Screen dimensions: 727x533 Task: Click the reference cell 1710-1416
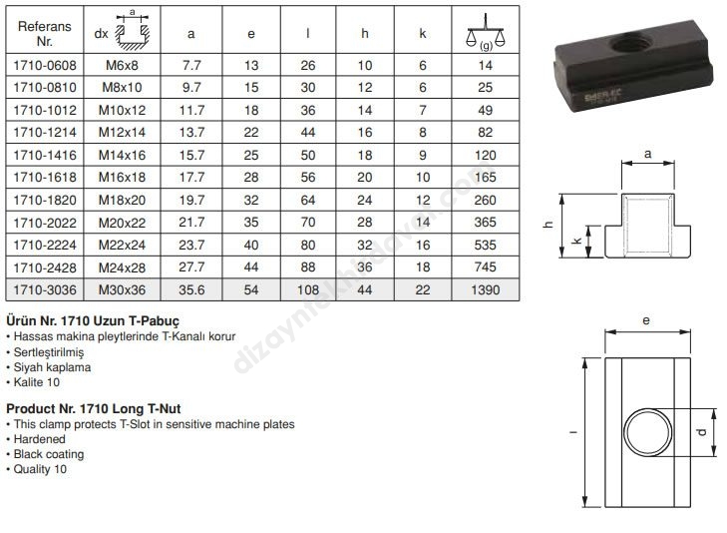(45, 155)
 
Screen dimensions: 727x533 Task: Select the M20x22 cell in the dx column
(122, 223)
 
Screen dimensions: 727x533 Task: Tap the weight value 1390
(485, 289)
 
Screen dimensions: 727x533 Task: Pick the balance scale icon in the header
(486, 32)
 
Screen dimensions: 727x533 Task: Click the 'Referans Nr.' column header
(45, 33)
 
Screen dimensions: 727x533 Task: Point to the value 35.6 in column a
(191, 289)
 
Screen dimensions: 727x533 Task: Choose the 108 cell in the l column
(308, 289)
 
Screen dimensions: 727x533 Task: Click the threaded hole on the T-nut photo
(631, 45)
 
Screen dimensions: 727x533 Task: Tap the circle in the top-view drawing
(647, 432)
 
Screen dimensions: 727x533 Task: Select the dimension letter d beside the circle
(701, 432)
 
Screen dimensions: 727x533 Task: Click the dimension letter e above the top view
(646, 320)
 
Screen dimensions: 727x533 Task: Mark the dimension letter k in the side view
(577, 241)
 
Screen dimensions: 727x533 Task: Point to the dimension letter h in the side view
(548, 225)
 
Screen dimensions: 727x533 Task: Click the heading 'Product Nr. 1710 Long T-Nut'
(93, 408)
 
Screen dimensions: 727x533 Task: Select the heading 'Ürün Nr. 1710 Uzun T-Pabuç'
(93, 320)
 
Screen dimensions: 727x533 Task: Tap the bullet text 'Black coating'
(49, 454)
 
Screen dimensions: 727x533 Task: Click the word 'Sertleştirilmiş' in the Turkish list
(49, 352)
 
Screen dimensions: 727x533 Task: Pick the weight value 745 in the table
(485, 266)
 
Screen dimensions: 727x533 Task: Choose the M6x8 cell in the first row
(122, 66)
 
